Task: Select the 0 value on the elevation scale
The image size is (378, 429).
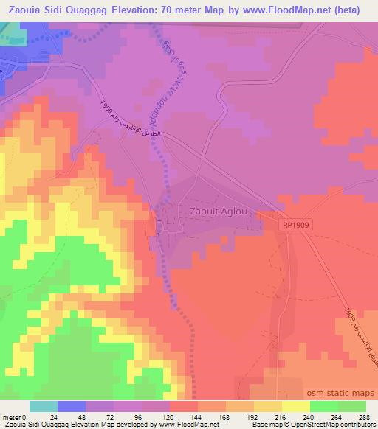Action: click(27, 416)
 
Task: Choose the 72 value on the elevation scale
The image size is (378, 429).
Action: click(111, 416)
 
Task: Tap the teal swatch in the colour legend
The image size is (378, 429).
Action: click(44, 406)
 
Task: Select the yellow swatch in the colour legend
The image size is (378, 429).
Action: click(295, 406)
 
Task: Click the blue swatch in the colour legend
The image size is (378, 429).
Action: click(72, 406)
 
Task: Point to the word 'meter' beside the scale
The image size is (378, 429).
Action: click(11, 416)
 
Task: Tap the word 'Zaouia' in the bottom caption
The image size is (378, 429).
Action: click(13, 425)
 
